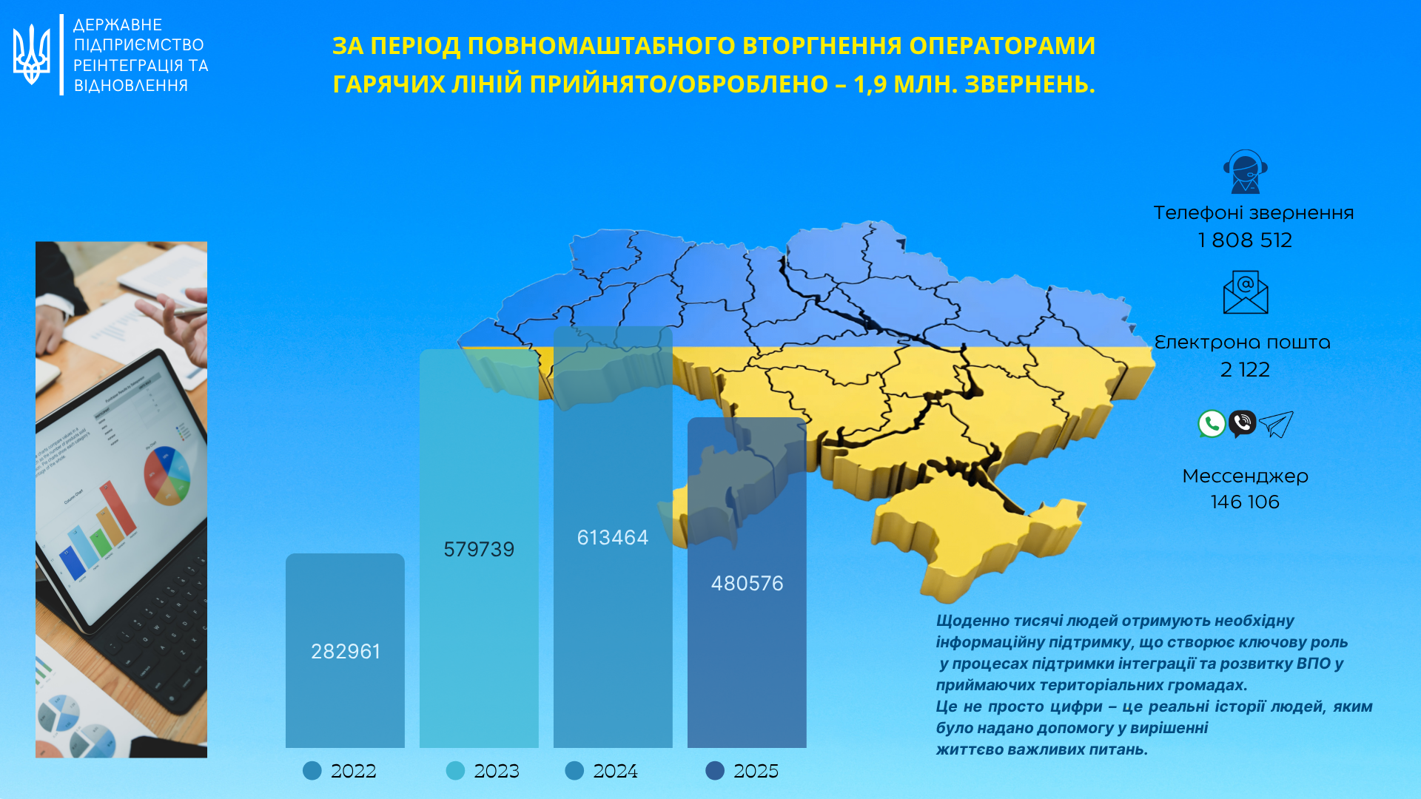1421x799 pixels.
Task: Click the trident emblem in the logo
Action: click(x=32, y=55)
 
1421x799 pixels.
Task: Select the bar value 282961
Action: click(x=345, y=651)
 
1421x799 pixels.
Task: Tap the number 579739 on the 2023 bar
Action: click(x=479, y=549)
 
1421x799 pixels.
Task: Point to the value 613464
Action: click(x=612, y=537)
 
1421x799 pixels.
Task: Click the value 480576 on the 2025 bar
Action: click(x=747, y=583)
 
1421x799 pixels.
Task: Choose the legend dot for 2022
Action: click(x=312, y=771)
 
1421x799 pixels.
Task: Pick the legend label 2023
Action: click(x=497, y=771)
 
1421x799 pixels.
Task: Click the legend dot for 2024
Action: click(x=574, y=771)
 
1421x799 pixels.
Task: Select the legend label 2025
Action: click(x=756, y=771)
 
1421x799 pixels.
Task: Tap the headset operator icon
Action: click(x=1245, y=172)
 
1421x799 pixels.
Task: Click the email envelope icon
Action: click(x=1245, y=292)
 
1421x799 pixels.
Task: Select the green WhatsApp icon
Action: click(x=1212, y=424)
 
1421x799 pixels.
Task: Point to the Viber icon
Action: click(x=1243, y=424)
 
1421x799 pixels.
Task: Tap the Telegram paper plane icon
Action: click(x=1276, y=424)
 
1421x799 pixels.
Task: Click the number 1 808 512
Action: click(x=1245, y=240)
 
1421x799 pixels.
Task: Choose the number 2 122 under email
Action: click(x=1245, y=369)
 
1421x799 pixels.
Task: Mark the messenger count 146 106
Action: click(x=1245, y=502)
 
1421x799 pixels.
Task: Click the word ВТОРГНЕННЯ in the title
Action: click(x=822, y=46)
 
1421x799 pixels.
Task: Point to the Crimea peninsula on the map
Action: click(x=962, y=533)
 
